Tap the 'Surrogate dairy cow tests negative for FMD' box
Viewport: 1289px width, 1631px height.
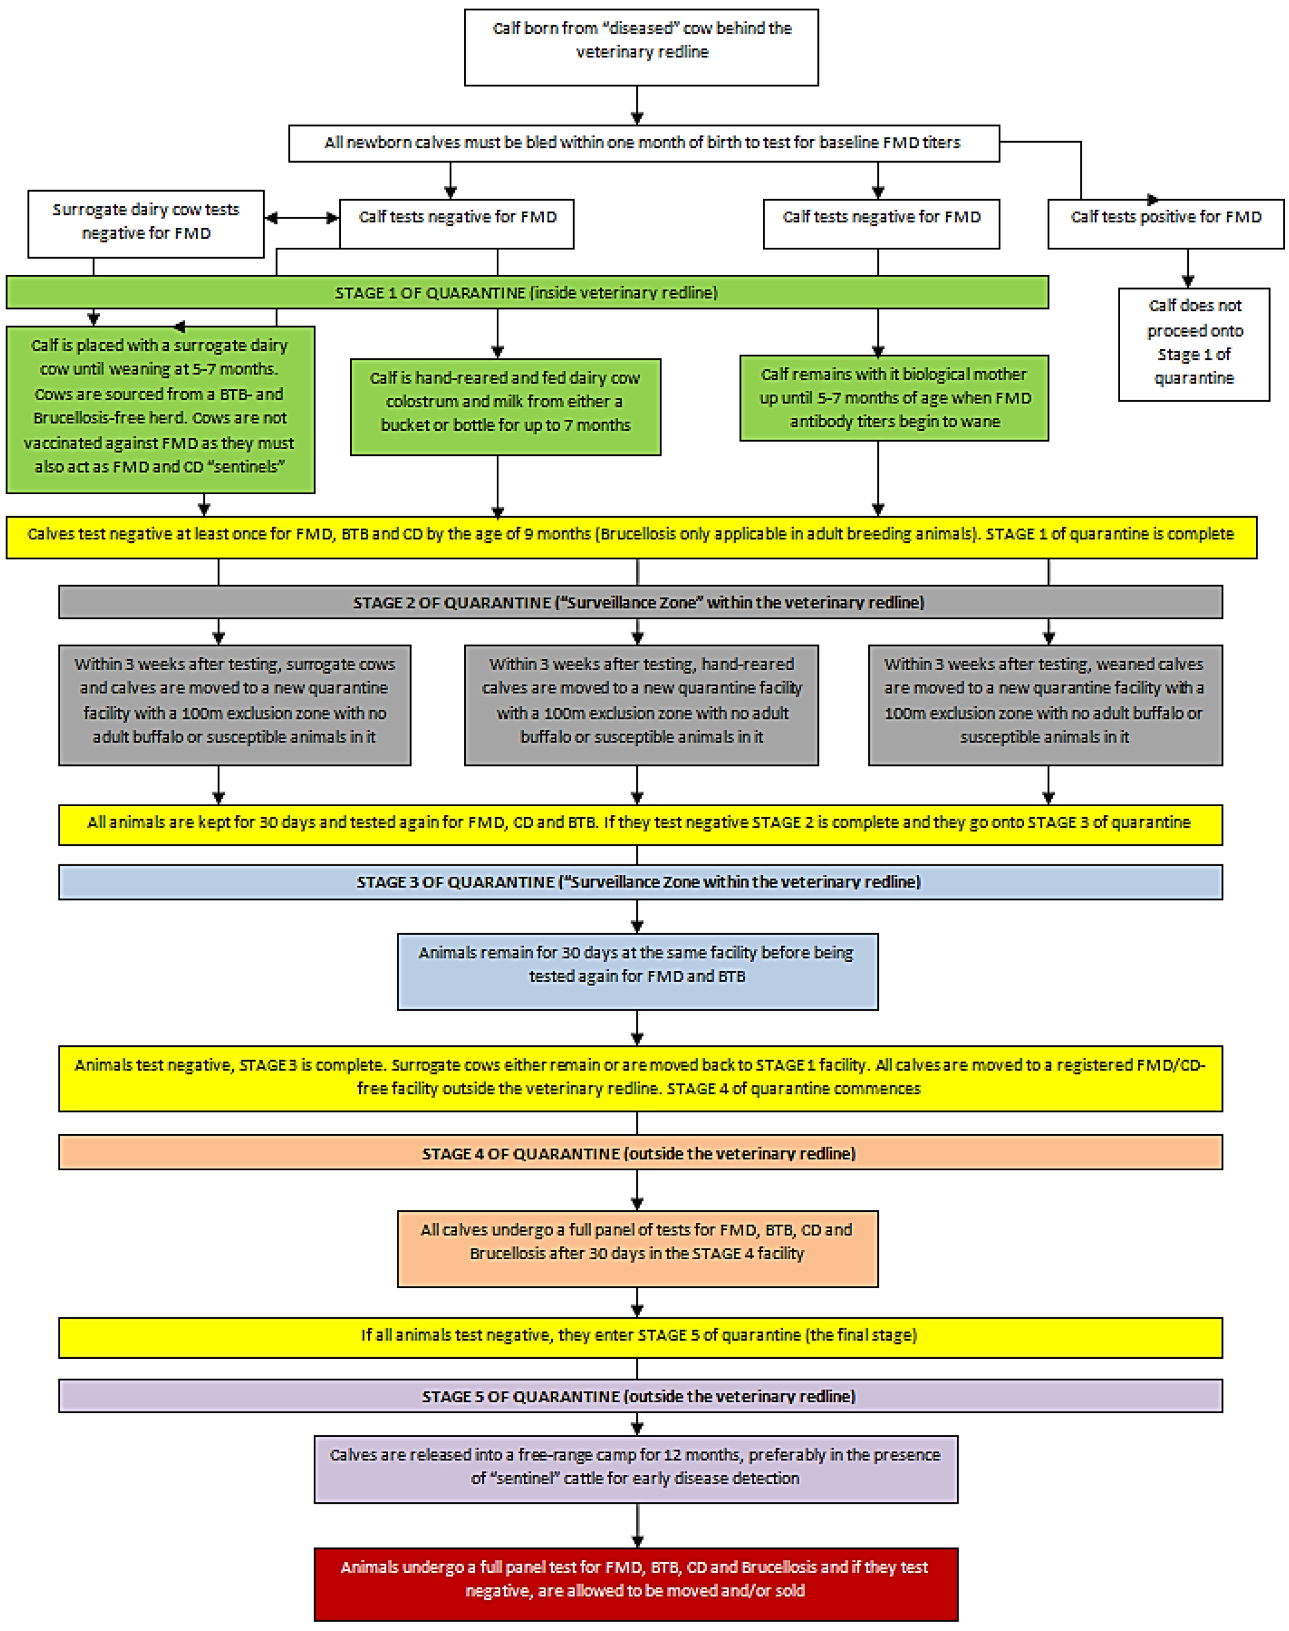[146, 224]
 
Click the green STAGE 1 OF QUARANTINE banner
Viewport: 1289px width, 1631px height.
[526, 292]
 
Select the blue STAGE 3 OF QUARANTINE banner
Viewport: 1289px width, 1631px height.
[640, 882]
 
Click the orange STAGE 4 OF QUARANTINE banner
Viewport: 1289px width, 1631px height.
[640, 1152]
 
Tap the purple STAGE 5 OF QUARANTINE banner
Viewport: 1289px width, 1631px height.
[640, 1396]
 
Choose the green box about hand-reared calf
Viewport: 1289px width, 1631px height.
[505, 407]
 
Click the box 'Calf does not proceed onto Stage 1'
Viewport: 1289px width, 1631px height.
[1194, 344]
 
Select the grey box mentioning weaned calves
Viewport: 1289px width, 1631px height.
[1045, 705]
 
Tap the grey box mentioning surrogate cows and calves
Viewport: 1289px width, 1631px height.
[235, 705]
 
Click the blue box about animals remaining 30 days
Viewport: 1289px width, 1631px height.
[638, 971]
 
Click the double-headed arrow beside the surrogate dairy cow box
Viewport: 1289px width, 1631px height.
[302, 218]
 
